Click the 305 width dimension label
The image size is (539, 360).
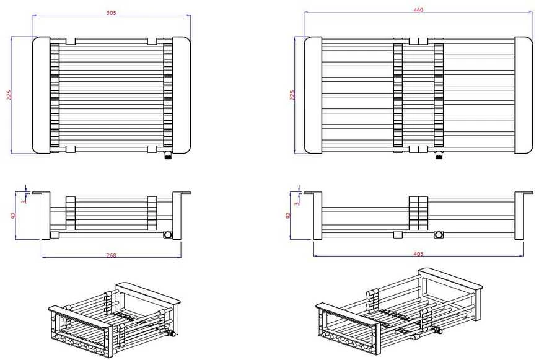[x=112, y=13]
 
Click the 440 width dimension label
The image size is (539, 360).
[x=418, y=10]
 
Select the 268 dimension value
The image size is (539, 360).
[x=112, y=255]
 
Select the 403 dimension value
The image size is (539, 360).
[x=418, y=254]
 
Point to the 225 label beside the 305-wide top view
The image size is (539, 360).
[x=9, y=95]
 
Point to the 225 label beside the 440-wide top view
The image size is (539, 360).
[x=292, y=95]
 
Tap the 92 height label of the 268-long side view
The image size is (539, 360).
[x=14, y=216]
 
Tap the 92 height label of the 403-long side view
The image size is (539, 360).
[x=288, y=216]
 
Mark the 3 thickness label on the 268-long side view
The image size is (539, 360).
[x=24, y=201]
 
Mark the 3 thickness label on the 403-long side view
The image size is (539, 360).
[x=297, y=203]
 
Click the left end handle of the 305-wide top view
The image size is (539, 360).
[x=42, y=95]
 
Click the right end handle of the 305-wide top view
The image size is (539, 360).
[x=182, y=95]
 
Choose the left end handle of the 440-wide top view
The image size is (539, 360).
[x=313, y=95]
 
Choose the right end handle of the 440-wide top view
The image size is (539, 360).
[x=524, y=95]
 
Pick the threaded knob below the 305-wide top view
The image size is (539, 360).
[x=168, y=156]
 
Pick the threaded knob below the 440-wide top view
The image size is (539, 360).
[x=439, y=156]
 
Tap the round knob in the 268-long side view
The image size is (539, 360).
[x=167, y=235]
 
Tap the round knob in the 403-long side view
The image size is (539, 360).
[x=439, y=235]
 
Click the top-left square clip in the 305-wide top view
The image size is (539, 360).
[x=71, y=42]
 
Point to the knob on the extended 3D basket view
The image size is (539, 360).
[x=437, y=331]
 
